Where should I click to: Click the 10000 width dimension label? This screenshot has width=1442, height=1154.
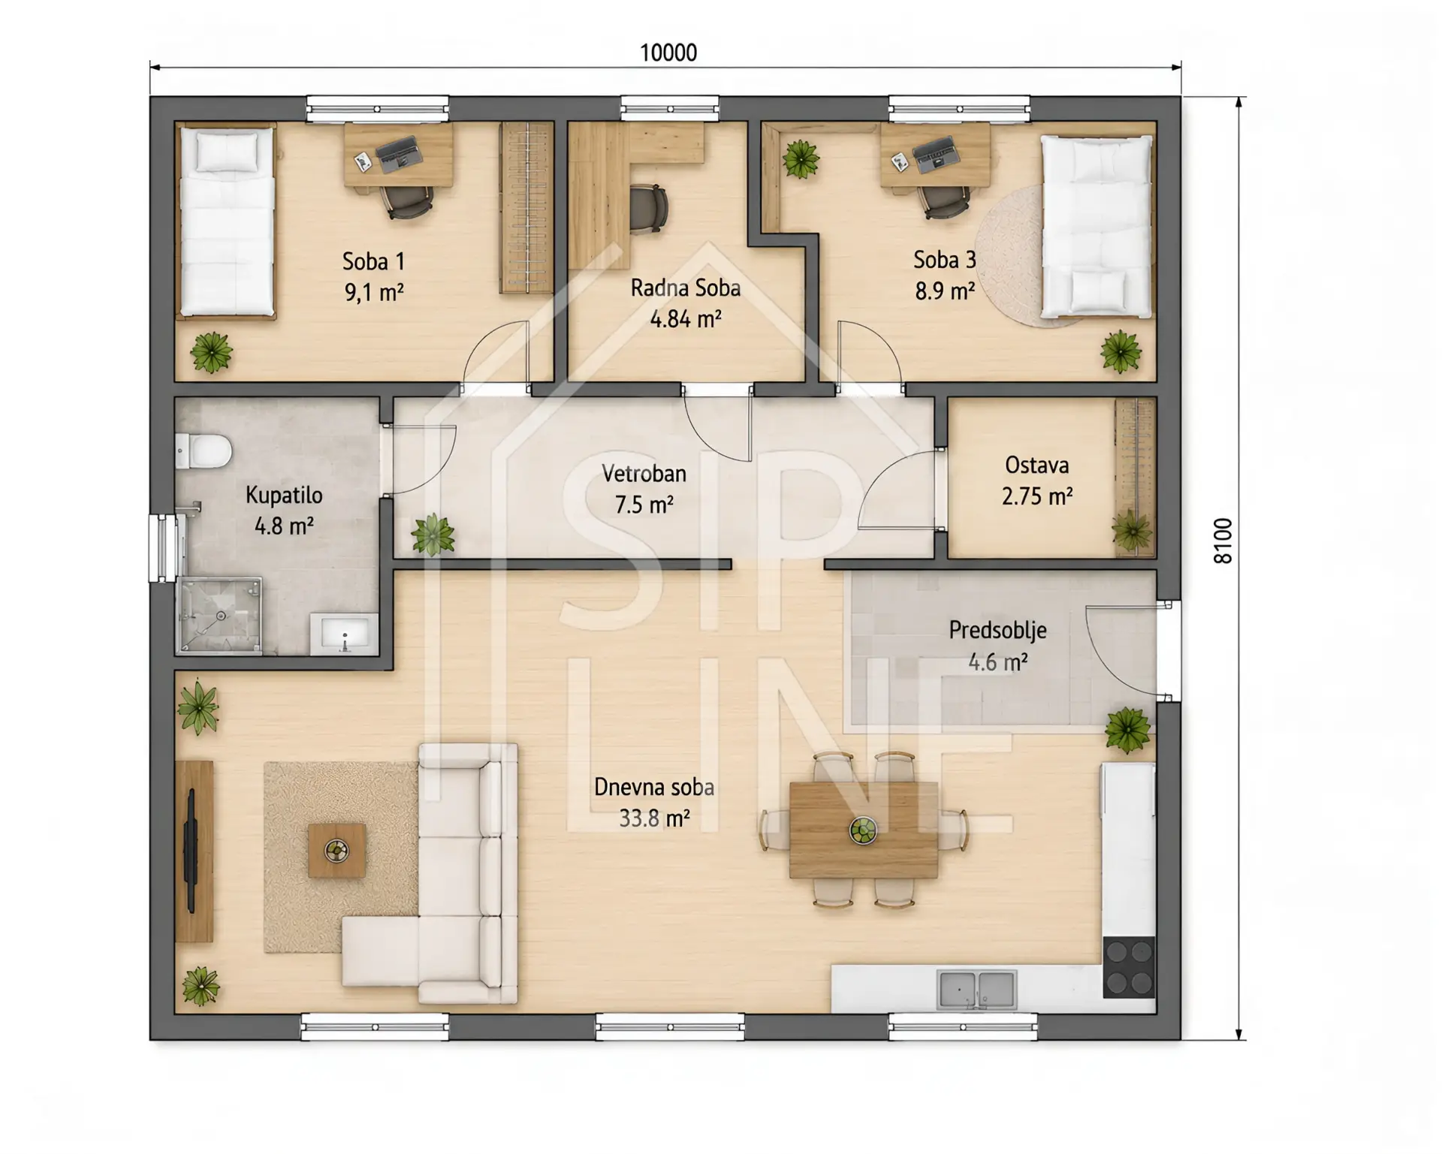click(668, 53)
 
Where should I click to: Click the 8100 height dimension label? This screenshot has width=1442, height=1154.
click(1223, 541)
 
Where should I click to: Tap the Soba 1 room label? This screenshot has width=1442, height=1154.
click(373, 261)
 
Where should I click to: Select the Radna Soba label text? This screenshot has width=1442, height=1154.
click(685, 288)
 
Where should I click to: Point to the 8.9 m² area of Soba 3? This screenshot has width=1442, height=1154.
click(944, 291)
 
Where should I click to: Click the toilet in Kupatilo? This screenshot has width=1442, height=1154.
click(204, 452)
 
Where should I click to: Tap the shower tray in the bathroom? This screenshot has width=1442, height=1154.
click(219, 616)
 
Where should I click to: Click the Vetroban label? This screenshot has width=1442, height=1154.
click(644, 474)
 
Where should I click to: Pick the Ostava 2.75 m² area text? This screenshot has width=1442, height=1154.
click(1036, 496)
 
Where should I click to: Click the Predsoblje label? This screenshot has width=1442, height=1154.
click(997, 630)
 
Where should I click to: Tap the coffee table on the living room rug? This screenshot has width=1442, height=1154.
click(336, 850)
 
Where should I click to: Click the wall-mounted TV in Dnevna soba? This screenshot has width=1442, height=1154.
click(191, 851)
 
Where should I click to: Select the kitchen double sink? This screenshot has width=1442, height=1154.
click(976, 990)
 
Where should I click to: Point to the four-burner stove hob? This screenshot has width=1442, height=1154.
click(1129, 967)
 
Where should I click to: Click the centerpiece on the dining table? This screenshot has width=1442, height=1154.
click(863, 830)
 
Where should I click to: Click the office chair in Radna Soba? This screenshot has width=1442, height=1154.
click(647, 208)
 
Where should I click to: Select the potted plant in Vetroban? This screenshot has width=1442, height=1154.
click(433, 535)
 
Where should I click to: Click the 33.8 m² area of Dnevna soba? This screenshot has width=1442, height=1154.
click(654, 818)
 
